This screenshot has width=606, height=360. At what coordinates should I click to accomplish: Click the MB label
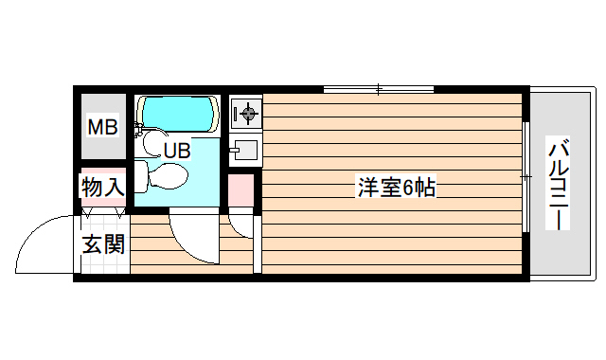(102, 126)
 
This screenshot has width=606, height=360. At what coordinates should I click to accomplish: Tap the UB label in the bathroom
(177, 149)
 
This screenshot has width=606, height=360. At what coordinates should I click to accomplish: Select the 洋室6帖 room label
(395, 187)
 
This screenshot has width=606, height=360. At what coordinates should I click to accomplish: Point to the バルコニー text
(559, 184)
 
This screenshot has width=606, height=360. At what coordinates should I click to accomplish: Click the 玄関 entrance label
(102, 243)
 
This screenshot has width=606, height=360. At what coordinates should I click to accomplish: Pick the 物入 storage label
(102, 186)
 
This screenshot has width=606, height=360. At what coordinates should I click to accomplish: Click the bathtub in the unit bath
(178, 115)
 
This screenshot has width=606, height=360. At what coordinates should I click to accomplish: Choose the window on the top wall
(378, 90)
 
